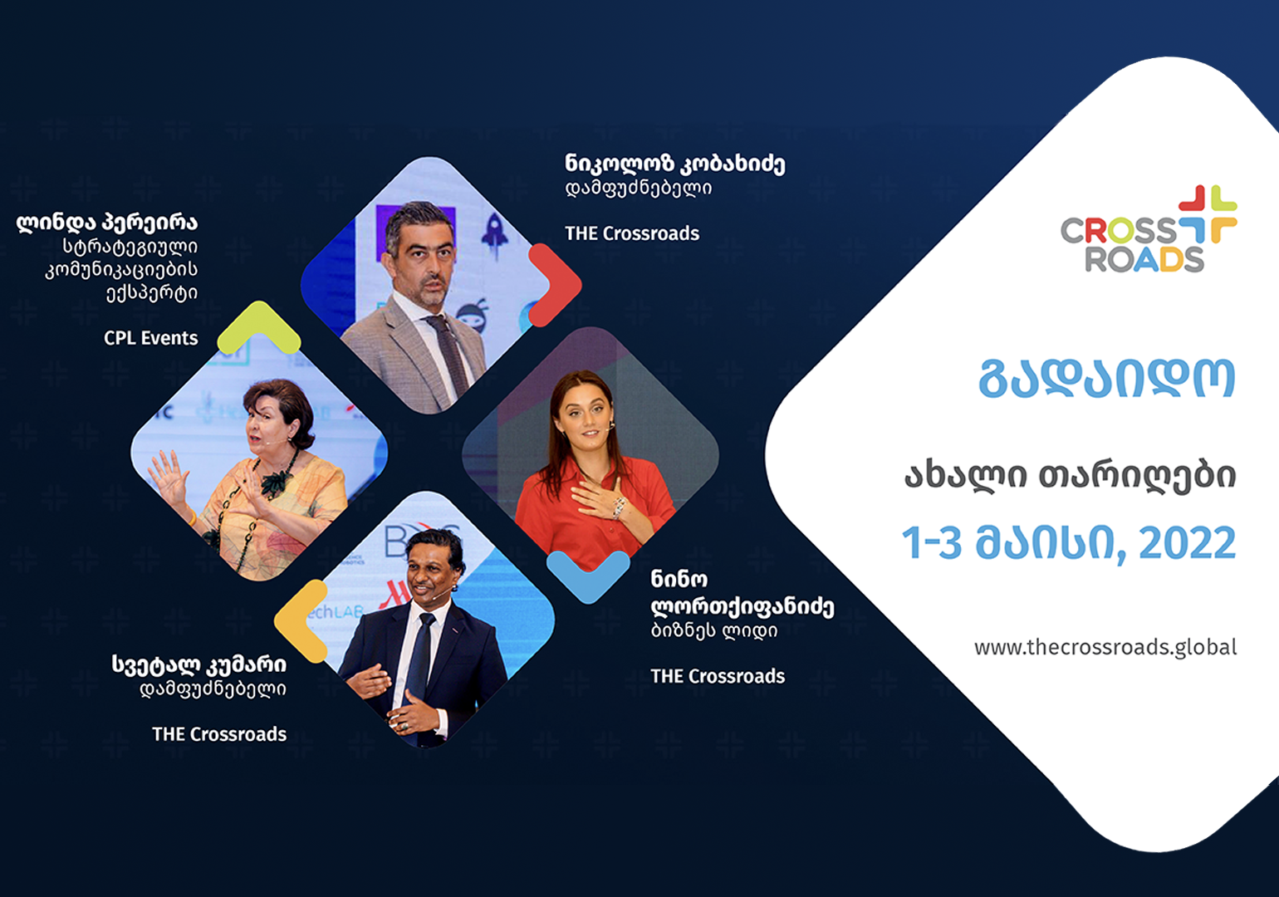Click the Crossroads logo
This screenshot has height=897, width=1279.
click(1149, 229)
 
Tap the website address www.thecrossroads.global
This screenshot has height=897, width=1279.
click(1105, 648)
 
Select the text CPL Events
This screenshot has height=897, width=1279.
click(151, 338)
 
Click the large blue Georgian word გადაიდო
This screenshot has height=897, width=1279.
click(1107, 378)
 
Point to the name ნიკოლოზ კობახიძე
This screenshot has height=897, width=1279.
click(675, 164)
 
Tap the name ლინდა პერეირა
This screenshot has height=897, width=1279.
click(107, 222)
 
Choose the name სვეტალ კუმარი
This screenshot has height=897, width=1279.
click(198, 664)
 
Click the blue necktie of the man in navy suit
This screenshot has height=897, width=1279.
click(419, 662)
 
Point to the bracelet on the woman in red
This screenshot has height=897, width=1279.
click(619, 507)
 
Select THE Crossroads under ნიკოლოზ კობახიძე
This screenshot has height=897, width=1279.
click(632, 233)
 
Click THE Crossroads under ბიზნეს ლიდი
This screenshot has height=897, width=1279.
click(718, 677)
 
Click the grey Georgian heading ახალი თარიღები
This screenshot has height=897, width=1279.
click(1071, 475)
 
